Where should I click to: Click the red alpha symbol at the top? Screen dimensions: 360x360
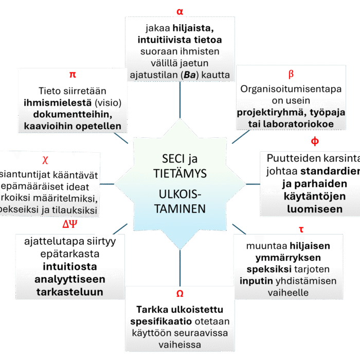(x=179, y=11)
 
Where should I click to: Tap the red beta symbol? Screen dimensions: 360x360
(x=291, y=75)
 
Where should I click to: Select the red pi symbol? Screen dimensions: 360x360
(x=73, y=75)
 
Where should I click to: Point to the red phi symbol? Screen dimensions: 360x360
(x=315, y=141)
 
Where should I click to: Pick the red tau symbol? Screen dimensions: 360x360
(x=300, y=229)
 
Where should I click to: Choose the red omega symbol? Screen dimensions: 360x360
(x=179, y=294)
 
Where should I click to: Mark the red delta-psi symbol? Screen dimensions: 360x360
(x=70, y=225)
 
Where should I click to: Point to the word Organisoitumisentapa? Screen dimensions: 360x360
(x=291, y=89)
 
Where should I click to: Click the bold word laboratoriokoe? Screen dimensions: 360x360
(x=299, y=124)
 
